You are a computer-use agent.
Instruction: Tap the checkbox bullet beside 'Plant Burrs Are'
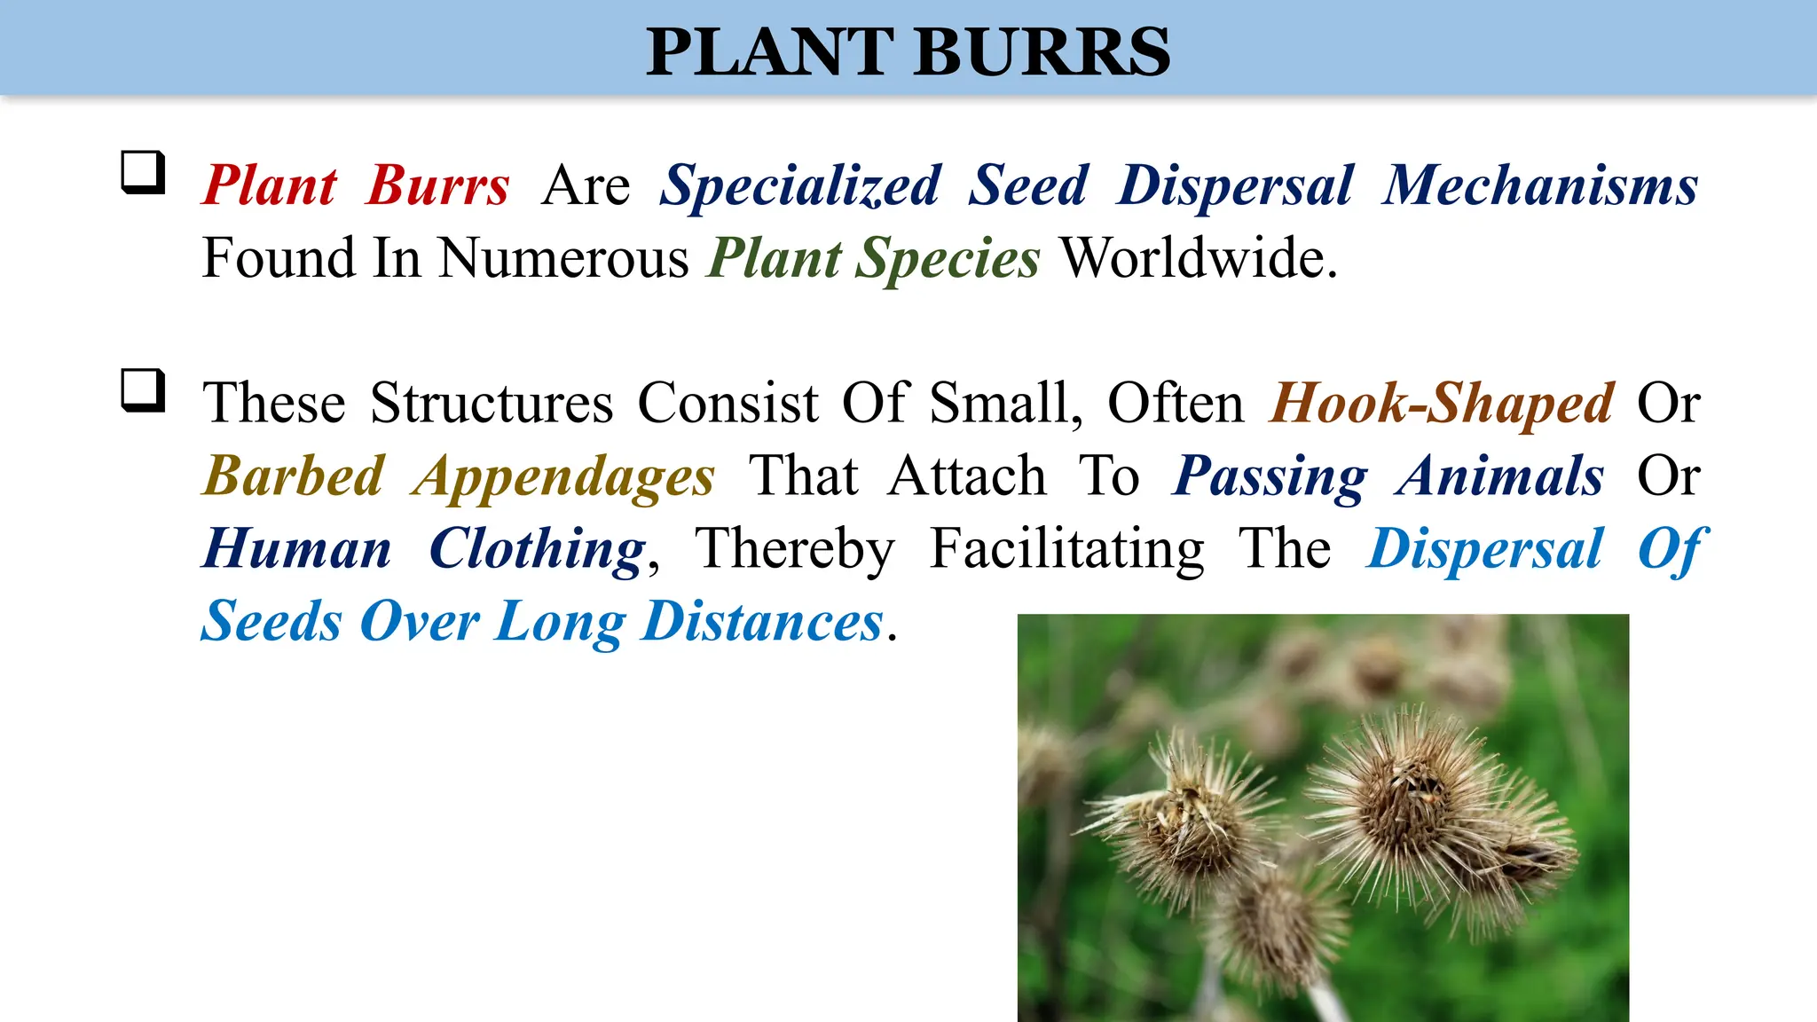tap(143, 172)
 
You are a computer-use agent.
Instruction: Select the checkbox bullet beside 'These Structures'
tap(143, 390)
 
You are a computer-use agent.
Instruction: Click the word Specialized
tap(799, 186)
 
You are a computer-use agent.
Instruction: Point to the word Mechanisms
tap(1539, 186)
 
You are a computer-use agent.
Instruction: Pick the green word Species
tap(947, 259)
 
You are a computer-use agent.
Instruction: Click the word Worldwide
tap(1199, 259)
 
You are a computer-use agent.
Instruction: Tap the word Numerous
tap(563, 259)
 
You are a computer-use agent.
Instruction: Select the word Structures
tap(492, 404)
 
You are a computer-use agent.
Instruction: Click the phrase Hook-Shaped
tap(1442, 404)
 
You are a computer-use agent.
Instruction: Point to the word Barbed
tap(294, 476)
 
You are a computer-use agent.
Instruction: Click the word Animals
tap(1500, 476)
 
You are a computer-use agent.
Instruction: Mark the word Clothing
tap(538, 549)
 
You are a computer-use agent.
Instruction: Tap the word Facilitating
tap(1067, 549)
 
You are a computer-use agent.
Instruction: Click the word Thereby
tap(794, 549)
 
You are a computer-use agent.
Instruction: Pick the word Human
tap(297, 549)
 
